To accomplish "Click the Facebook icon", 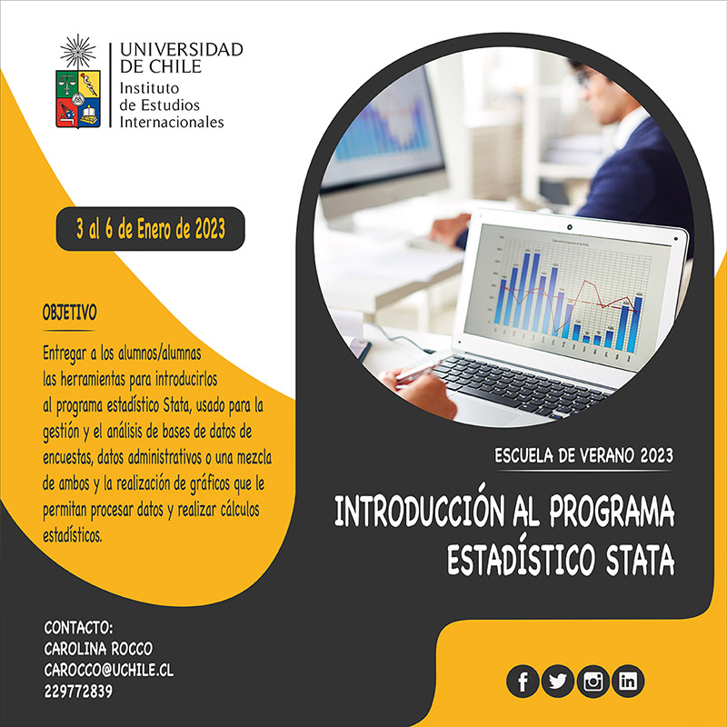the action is pos(523,681).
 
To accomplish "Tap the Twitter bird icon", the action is pos(557,681).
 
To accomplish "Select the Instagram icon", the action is pos(593,681).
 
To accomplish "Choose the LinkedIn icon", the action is pos(628,681).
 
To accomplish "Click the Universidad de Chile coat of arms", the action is pos(78,81).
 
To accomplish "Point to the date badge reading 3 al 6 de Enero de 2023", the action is pos(150,229).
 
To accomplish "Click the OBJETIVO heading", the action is pos(70,313).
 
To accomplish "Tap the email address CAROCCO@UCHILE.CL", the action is pos(109,670).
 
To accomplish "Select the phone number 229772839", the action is pos(78,692).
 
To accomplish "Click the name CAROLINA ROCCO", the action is pos(98,648).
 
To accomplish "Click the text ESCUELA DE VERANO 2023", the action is pos(583,456).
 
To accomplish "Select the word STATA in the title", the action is pos(640,561).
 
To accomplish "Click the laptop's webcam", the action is pos(570,228).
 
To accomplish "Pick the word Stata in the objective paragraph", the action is pos(176,404).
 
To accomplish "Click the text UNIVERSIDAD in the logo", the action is pos(181,49).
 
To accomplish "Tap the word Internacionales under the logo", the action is pos(172,122).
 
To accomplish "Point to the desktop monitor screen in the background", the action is pos(383,126).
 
